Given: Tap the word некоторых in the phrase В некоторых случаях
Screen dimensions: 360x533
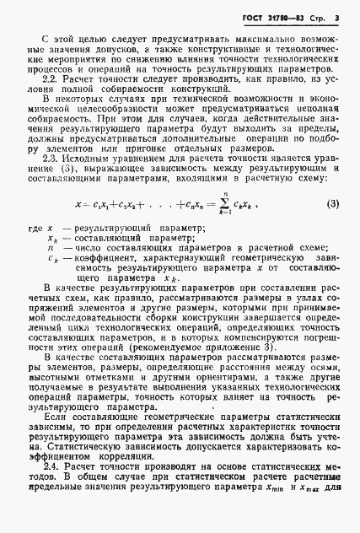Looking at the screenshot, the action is (x=83, y=124).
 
